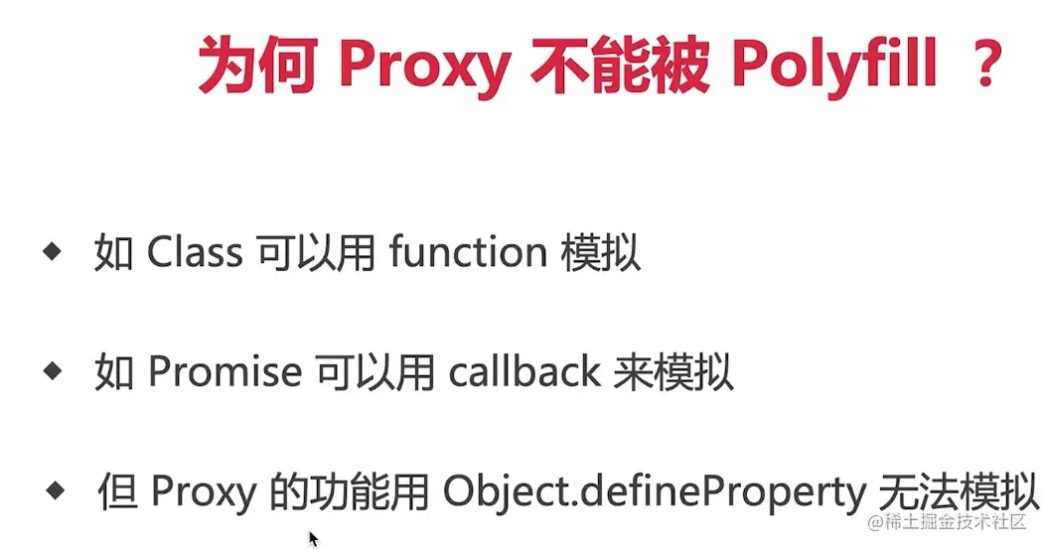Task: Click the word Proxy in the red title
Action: click(425, 67)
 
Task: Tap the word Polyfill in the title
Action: click(834, 66)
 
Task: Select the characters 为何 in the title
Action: click(257, 65)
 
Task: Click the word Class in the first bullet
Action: click(195, 253)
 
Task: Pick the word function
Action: click(468, 253)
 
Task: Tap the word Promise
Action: click(225, 371)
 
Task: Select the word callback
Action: click(524, 371)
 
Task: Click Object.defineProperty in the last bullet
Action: click(655, 493)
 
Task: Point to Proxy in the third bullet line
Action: click(204, 493)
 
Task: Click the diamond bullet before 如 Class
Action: click(52, 251)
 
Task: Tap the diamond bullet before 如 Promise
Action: click(52, 370)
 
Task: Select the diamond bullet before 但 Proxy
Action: click(56, 491)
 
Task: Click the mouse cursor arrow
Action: click(314, 538)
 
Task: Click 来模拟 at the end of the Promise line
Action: click(673, 371)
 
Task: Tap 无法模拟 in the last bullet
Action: click(959, 492)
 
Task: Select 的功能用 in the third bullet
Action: click(350, 492)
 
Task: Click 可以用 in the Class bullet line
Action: click(316, 253)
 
